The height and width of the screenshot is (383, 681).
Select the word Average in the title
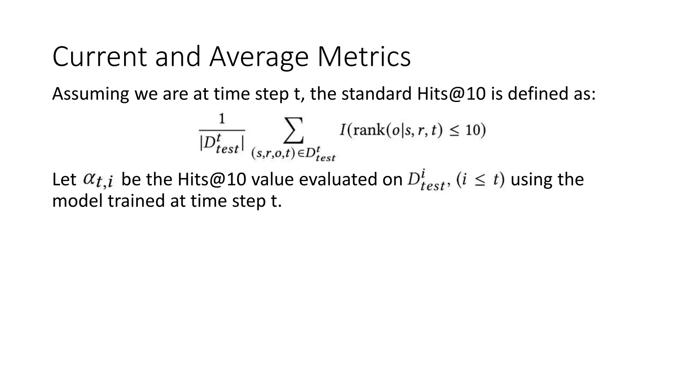(259, 57)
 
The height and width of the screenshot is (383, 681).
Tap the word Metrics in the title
(364, 57)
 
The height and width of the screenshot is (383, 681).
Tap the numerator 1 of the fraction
(222, 119)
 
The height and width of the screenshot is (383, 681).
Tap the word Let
(64, 180)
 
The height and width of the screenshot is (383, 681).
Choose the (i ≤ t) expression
(480, 180)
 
